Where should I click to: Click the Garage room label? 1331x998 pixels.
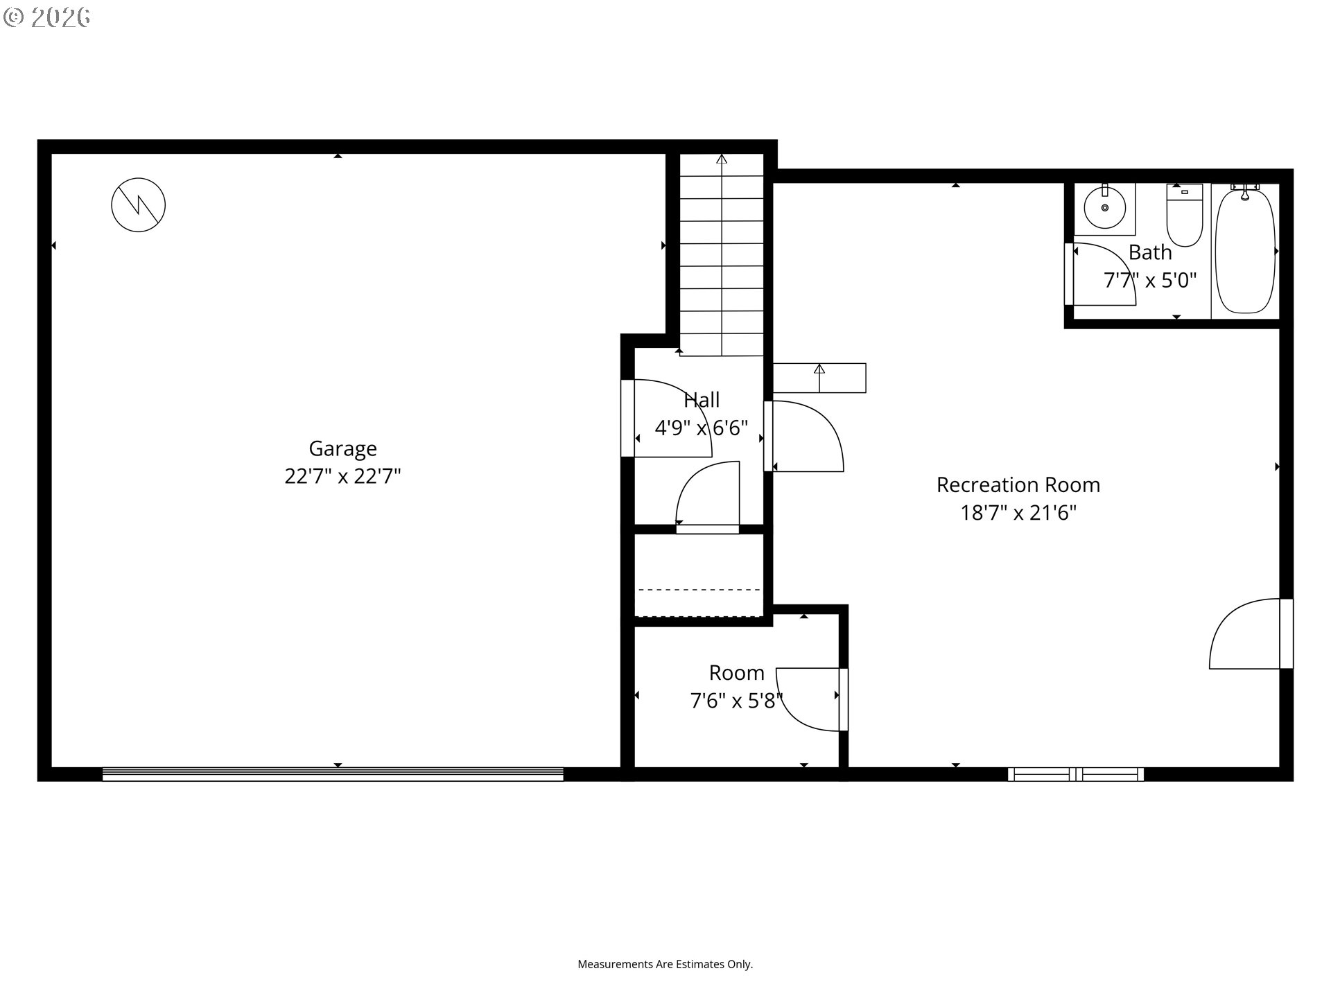click(342, 448)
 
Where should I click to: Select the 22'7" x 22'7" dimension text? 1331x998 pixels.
click(342, 477)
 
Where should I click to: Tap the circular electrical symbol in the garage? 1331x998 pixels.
click(139, 205)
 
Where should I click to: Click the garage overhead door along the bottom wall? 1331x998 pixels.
click(333, 774)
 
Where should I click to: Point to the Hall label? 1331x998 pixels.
click(702, 400)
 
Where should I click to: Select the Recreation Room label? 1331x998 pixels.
click(1018, 484)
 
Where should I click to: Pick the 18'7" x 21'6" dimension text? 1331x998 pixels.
click(1018, 513)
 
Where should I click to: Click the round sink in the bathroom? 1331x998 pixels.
click(1104, 207)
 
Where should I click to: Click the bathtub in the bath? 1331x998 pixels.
click(1245, 251)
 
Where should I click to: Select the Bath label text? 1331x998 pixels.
click(1149, 252)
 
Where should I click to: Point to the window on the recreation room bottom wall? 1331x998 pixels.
click(1075, 774)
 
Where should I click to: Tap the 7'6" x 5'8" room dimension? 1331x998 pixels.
click(736, 701)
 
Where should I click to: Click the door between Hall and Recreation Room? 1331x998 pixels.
click(804, 437)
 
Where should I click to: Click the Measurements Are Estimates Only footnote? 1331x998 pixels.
click(665, 964)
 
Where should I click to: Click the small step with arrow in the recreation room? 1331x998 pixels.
click(819, 378)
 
